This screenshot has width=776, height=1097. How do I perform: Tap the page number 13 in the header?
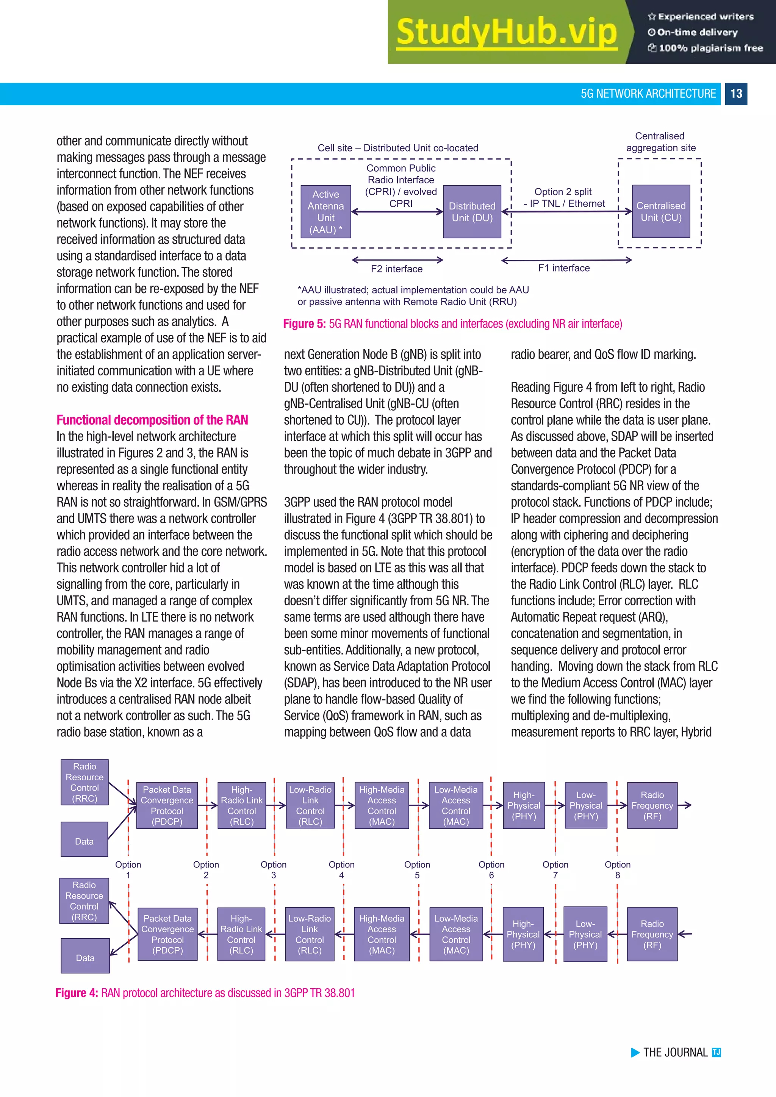point(736,94)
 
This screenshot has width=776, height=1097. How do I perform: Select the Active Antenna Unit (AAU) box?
point(326,212)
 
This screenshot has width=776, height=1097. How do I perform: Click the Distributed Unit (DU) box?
point(472,212)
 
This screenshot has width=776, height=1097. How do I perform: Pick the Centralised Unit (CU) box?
point(661,211)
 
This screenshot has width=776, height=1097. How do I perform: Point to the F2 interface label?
point(397,269)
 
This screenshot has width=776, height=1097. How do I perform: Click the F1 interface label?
point(564,268)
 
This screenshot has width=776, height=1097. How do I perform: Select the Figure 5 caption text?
point(452,323)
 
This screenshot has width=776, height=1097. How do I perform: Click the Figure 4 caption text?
point(205,993)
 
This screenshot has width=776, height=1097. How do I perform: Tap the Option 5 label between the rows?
point(417,870)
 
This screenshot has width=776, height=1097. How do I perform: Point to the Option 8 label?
point(617,870)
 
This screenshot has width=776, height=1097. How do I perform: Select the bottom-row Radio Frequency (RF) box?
point(652,934)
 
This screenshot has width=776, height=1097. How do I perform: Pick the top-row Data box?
point(84,839)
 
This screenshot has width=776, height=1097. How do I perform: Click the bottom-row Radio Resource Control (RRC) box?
point(84,901)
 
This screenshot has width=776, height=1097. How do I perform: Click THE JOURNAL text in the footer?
point(675,1053)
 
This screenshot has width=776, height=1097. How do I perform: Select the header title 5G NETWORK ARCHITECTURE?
point(648,94)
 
